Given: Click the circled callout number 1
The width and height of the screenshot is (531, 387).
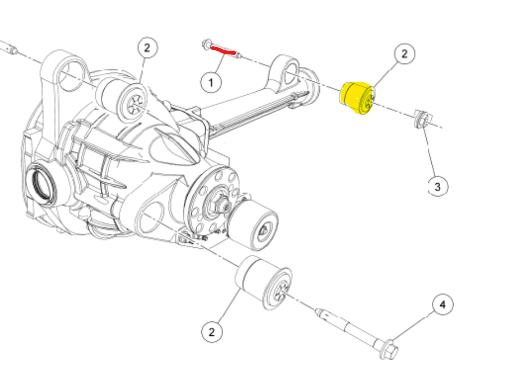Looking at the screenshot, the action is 211,82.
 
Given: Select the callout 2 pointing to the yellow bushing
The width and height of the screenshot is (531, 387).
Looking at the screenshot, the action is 404,53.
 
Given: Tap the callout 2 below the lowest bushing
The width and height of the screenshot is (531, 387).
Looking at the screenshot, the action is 212,332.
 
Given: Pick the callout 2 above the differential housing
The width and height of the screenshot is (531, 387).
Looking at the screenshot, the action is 147,48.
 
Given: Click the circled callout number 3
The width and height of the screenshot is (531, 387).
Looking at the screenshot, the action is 438,187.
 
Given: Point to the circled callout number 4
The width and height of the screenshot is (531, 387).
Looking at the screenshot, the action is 442,305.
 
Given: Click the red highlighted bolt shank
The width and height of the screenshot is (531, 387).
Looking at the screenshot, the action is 223,50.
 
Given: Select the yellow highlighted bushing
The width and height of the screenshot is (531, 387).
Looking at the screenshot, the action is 357,98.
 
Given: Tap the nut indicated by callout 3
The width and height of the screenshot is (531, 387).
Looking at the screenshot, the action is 423,119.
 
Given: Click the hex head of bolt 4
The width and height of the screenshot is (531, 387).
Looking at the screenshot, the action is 389,349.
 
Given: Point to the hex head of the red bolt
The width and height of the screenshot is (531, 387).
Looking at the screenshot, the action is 206,44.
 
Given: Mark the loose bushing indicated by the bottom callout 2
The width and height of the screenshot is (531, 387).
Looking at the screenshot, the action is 263,282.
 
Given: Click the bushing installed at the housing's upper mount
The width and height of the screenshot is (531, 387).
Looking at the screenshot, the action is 122,99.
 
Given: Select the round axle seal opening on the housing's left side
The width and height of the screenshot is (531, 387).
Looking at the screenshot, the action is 41,183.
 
